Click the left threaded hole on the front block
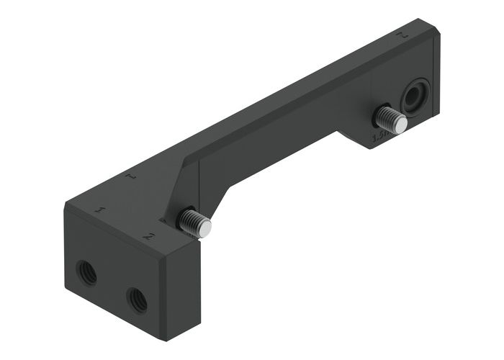tap(87, 272)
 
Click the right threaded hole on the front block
tap(136, 298)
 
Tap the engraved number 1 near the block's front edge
tap(102, 210)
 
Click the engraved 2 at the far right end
tap(404, 34)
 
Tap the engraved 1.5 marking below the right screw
tap(379, 135)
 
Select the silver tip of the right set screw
tap(400, 125)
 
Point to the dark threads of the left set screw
tap(190, 220)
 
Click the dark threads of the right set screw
tap(386, 115)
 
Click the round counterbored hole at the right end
tap(415, 96)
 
